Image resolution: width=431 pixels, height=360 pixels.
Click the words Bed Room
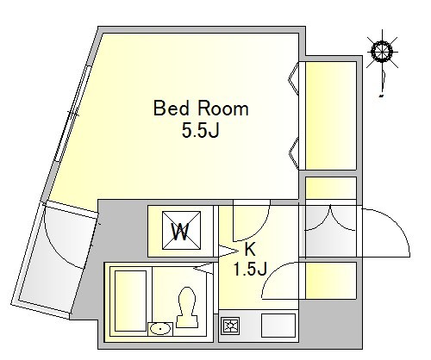201,109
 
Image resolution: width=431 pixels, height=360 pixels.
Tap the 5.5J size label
200,131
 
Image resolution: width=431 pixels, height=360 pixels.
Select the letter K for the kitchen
250,249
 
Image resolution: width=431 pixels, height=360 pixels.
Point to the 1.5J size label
250,270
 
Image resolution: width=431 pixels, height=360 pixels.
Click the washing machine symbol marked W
181,231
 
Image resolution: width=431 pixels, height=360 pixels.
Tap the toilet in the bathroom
187,307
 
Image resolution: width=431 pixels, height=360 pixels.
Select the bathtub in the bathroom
131,301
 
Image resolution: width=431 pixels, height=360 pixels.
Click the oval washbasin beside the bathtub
160,329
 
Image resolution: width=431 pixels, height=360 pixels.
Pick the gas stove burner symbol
230,326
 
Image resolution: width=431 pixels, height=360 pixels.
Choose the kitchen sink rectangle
278,326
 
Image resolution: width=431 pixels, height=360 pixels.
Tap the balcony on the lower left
54,258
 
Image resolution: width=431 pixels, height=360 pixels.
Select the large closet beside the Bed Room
331,115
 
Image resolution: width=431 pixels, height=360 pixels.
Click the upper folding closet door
294,78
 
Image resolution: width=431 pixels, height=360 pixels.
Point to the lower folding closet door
294,153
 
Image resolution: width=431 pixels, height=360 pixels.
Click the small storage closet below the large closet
331,188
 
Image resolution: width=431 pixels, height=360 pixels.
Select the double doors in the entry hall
330,218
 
